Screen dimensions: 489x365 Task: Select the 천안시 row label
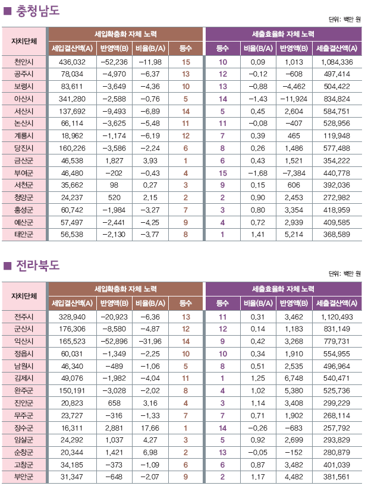click(24, 62)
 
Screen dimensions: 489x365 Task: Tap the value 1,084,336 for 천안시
click(336, 62)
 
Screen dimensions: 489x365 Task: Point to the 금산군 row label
click(24, 160)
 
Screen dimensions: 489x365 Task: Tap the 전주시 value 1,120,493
click(336, 317)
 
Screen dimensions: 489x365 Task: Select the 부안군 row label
click(24, 477)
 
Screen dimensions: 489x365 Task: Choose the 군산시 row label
click(24, 329)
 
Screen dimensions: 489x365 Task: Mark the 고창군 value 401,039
click(336, 464)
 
